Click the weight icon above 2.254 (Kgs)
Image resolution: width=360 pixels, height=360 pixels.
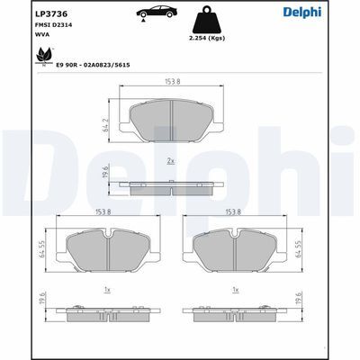tap(204, 22)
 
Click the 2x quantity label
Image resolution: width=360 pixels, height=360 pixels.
tap(171, 161)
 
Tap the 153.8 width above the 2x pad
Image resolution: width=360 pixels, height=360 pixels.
tap(171, 82)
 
